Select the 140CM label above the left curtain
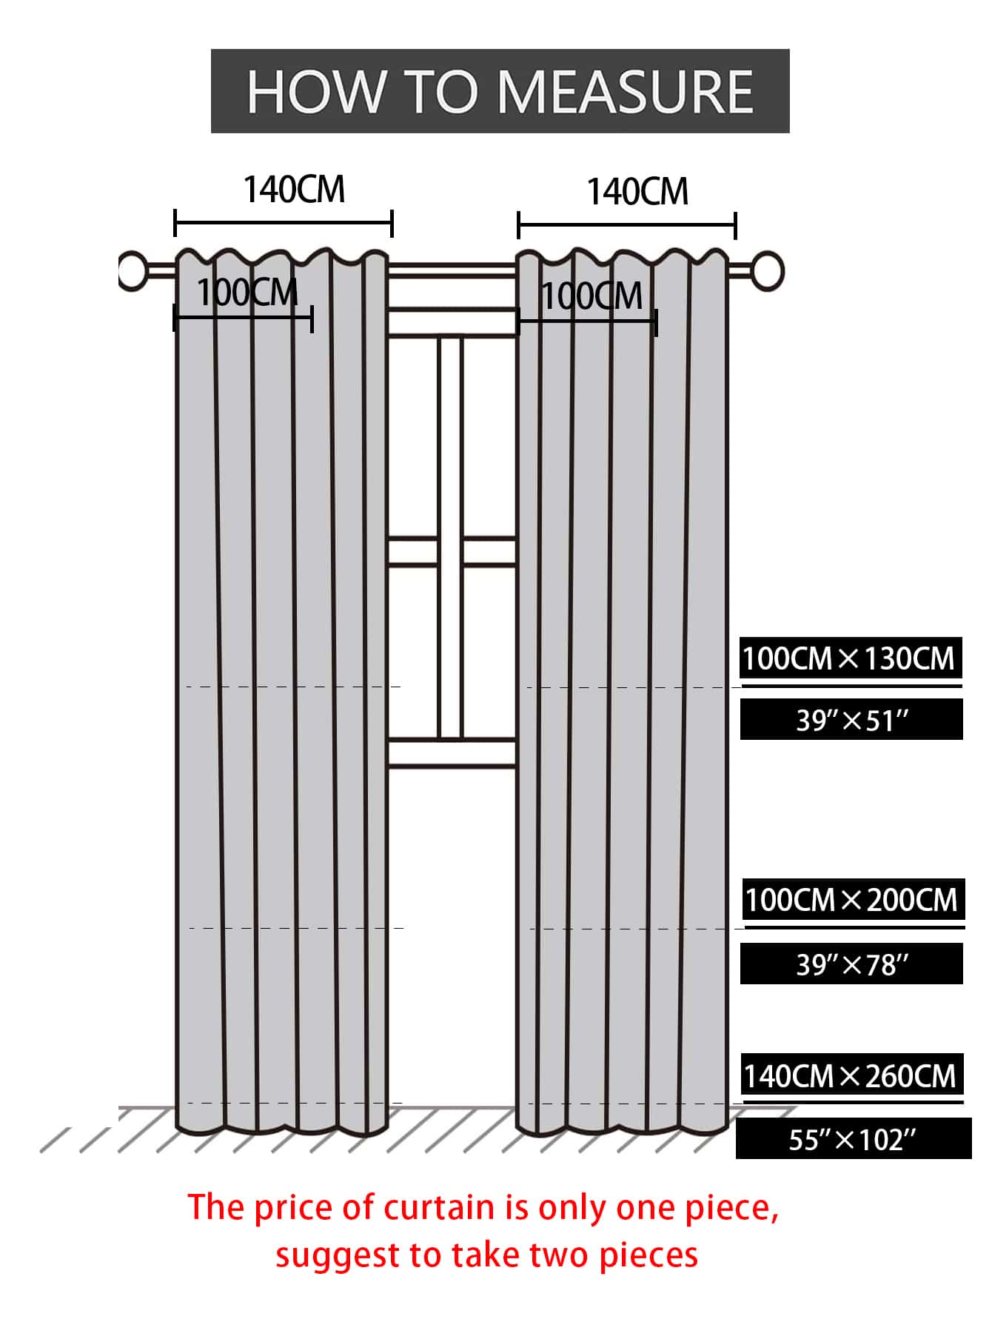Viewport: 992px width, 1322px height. pyautogui.click(x=294, y=190)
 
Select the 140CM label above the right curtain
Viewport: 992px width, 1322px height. pyautogui.click(x=637, y=192)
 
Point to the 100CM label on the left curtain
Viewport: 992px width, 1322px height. pyautogui.click(x=247, y=293)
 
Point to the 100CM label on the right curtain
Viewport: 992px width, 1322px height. pyautogui.click(x=592, y=297)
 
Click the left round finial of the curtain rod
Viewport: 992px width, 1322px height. pyautogui.click(x=133, y=270)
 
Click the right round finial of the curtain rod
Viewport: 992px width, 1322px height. pyautogui.click(x=768, y=270)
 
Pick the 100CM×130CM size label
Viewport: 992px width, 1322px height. pyautogui.click(x=851, y=658)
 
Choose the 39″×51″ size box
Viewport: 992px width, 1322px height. pyautogui.click(x=851, y=719)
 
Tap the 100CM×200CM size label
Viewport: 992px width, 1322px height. pyautogui.click(x=853, y=900)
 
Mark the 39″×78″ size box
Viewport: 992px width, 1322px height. pyautogui.click(x=851, y=964)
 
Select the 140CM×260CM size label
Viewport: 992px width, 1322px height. pyautogui.click(x=852, y=1075)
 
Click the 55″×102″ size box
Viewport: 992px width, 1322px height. pyautogui.click(x=854, y=1139)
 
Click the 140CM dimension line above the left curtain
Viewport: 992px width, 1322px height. pyautogui.click(x=284, y=223)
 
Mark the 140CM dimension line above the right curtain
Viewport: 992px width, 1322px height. pyautogui.click(x=627, y=225)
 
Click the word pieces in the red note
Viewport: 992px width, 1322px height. pyautogui.click(x=649, y=1256)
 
